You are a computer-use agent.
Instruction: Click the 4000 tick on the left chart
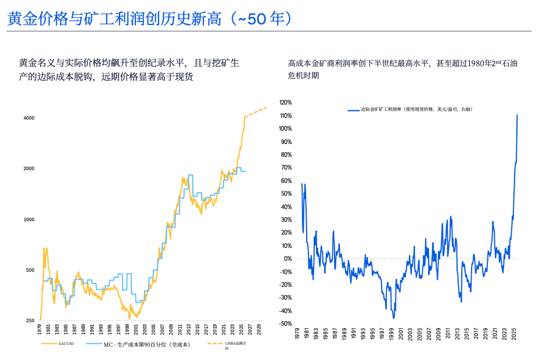pos(28,118)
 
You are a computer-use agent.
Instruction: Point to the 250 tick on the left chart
pos(30,321)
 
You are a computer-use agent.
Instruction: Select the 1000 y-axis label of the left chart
pos(28,219)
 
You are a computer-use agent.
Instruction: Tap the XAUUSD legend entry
pos(66,344)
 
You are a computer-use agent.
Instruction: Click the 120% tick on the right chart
pos(285,102)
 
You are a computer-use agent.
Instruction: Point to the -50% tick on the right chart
pos(285,323)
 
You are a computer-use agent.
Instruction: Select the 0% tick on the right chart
pos(288,258)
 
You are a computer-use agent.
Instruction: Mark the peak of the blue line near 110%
pos(517,115)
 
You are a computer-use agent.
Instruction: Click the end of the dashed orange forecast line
pos(267,107)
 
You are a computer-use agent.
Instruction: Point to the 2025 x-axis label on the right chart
pos(513,335)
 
